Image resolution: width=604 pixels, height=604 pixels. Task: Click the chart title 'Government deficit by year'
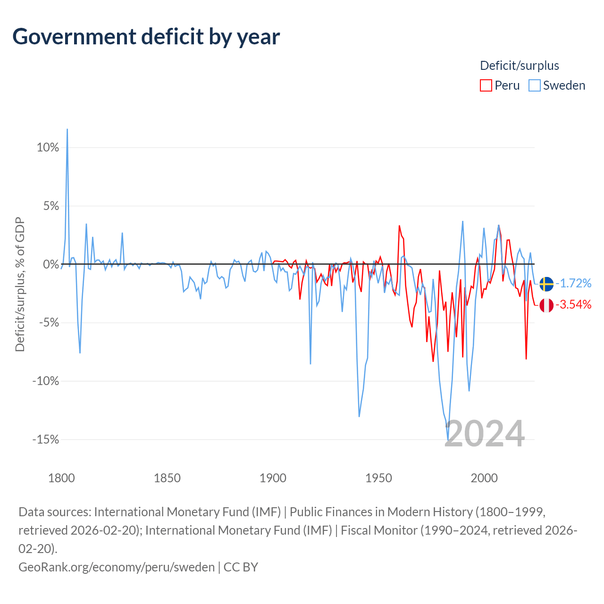(x=146, y=37)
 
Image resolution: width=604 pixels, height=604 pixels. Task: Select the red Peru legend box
(x=486, y=85)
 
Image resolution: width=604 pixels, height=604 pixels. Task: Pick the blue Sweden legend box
(x=534, y=85)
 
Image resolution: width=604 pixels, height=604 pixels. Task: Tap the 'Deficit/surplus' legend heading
(x=520, y=66)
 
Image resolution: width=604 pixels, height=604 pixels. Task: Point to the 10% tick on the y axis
(x=48, y=147)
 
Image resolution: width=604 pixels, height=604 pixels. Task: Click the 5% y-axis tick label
(x=51, y=206)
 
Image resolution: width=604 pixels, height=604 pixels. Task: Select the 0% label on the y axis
(x=51, y=264)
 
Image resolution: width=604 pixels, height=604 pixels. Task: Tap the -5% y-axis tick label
(x=49, y=323)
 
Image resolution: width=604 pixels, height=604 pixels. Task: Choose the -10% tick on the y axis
(x=46, y=381)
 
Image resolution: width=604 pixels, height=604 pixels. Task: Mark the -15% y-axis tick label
(x=46, y=439)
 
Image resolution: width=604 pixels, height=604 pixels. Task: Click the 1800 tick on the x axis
(x=61, y=478)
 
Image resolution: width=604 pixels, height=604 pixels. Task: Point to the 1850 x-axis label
(x=167, y=478)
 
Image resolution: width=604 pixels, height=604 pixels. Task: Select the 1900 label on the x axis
(x=273, y=478)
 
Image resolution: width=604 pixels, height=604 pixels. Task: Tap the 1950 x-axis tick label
(x=378, y=478)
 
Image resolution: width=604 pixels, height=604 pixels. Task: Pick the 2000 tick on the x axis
(x=484, y=478)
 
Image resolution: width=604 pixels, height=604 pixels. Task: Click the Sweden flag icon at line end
(x=546, y=284)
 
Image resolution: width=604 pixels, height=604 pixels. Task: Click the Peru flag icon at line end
(x=546, y=305)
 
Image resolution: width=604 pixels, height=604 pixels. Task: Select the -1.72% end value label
(x=573, y=283)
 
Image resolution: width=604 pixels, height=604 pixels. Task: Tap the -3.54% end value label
(x=573, y=304)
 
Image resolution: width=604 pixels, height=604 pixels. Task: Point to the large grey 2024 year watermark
(x=484, y=434)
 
